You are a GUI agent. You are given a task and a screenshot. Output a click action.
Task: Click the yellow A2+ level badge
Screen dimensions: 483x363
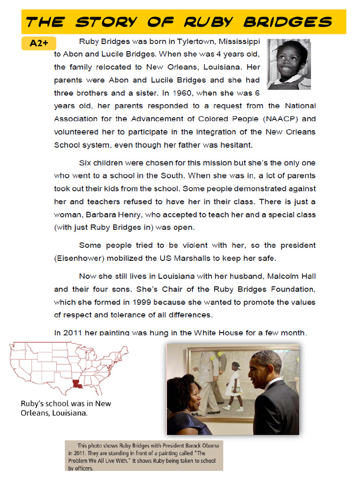coord(39,43)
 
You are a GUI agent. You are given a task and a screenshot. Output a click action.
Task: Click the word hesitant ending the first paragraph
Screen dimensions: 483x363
coord(238,145)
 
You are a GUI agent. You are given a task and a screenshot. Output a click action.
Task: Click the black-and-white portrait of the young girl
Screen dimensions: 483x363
coord(289,64)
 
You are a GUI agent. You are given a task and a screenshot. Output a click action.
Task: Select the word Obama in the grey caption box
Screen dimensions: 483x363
coord(208,445)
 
